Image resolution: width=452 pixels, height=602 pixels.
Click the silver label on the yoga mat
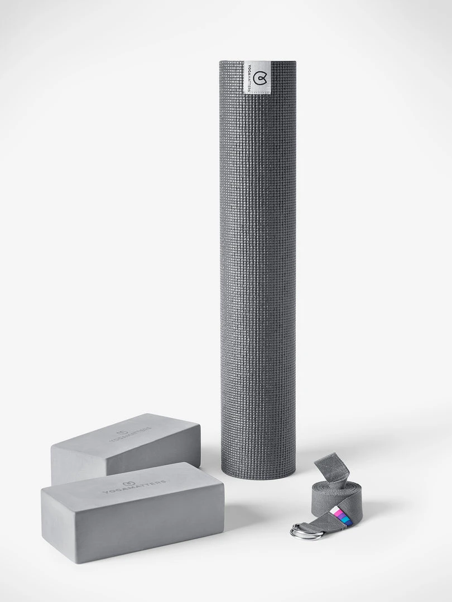[257, 77]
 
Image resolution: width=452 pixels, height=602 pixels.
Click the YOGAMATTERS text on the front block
[134, 487]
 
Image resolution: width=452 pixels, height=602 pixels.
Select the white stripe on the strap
[336, 509]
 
